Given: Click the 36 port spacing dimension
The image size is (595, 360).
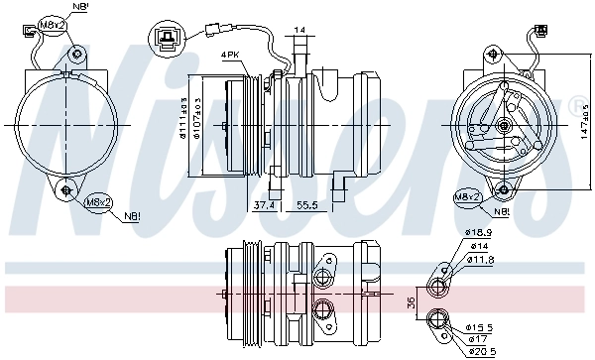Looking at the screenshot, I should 410,302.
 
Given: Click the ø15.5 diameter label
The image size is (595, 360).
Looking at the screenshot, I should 481,326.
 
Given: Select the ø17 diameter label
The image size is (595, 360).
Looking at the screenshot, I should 477,338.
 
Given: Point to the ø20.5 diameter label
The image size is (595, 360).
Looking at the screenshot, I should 481,350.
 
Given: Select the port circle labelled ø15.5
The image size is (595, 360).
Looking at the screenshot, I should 434,318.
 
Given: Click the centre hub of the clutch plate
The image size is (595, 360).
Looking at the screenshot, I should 504,125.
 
